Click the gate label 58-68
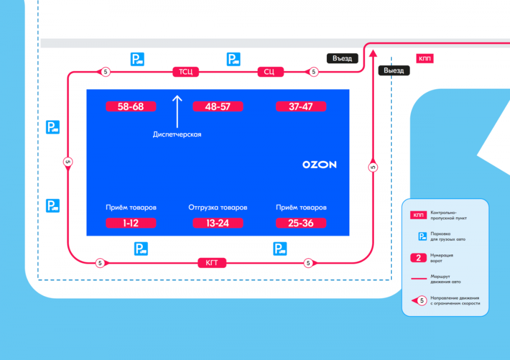(131, 107)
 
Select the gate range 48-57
(218, 107)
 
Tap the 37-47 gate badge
(301, 107)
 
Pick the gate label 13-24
(218, 223)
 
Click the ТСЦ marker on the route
(186, 71)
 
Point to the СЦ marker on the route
(271, 71)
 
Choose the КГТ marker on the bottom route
(212, 263)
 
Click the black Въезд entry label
(342, 58)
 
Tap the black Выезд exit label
(394, 70)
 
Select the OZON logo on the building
(319, 165)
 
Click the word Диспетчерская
(177, 134)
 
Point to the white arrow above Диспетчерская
(177, 112)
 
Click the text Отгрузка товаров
(218, 208)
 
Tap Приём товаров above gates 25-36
(301, 208)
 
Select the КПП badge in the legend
(418, 215)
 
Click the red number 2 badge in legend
(418, 258)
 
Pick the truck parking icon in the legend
(422, 237)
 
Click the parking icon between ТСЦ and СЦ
(234, 59)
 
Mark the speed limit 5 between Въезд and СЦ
(314, 72)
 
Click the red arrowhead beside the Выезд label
(373, 54)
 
